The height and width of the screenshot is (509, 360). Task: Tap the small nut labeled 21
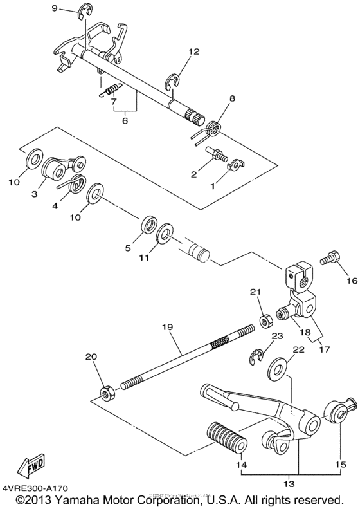click(x=263, y=319)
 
